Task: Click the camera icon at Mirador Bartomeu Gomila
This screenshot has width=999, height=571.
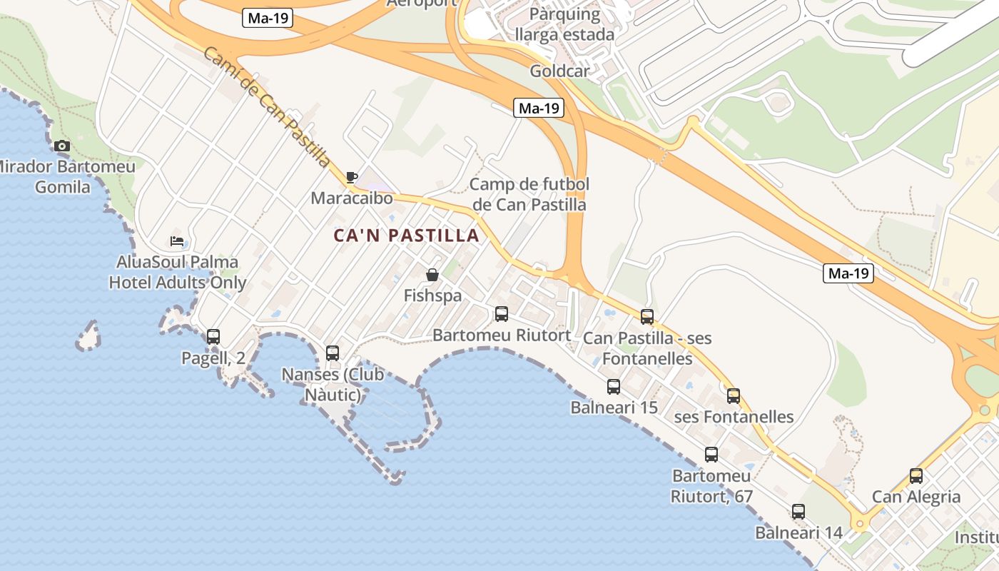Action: click(62, 146)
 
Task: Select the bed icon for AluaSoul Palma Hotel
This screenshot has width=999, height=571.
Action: click(177, 241)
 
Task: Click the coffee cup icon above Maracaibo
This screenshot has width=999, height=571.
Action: click(351, 177)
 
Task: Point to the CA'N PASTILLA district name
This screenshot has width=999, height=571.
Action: click(406, 236)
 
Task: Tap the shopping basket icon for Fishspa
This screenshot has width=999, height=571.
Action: click(432, 275)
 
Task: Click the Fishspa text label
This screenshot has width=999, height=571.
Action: click(432, 295)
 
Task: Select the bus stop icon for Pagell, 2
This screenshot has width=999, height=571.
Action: click(213, 337)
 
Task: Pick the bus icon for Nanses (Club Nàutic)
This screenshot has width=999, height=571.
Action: click(333, 353)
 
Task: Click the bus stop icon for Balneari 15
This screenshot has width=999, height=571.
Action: click(614, 387)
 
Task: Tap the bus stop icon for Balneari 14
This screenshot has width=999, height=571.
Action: click(798, 512)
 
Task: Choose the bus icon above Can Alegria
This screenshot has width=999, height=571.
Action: click(916, 476)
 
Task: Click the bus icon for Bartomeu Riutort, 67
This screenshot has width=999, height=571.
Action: click(711, 455)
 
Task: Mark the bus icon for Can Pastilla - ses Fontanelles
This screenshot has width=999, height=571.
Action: click(647, 317)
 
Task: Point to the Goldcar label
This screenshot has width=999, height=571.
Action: click(559, 71)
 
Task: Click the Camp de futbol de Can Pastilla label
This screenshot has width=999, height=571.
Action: click(529, 195)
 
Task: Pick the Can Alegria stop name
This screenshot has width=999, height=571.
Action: click(916, 497)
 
